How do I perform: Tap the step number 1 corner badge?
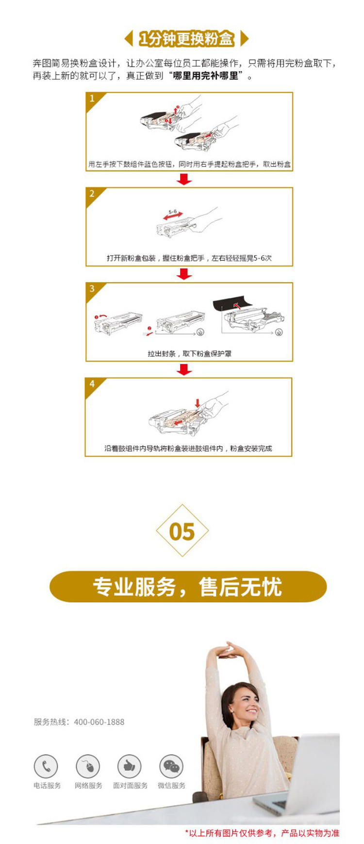pyautogui.click(x=93, y=100)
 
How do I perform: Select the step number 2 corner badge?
pyautogui.click(x=93, y=195)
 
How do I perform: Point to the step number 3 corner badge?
pyautogui.click(x=93, y=290)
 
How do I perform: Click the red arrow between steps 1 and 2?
pyautogui.click(x=184, y=179)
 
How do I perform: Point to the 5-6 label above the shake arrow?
pyautogui.click(x=173, y=212)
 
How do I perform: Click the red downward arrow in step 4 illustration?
pyautogui.click(x=198, y=403)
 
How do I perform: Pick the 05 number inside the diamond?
pyautogui.click(x=182, y=532)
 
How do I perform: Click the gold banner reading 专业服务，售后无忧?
pyautogui.click(x=188, y=586)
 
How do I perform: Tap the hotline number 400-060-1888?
pyautogui.click(x=99, y=722)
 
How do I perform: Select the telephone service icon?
pyautogui.click(x=46, y=767)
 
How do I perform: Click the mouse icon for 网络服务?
pyautogui.click(x=88, y=767)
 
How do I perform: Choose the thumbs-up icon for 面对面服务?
pyautogui.click(x=130, y=767)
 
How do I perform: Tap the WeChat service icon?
pyautogui.click(x=171, y=767)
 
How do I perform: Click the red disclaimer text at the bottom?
pyautogui.click(x=262, y=833)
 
